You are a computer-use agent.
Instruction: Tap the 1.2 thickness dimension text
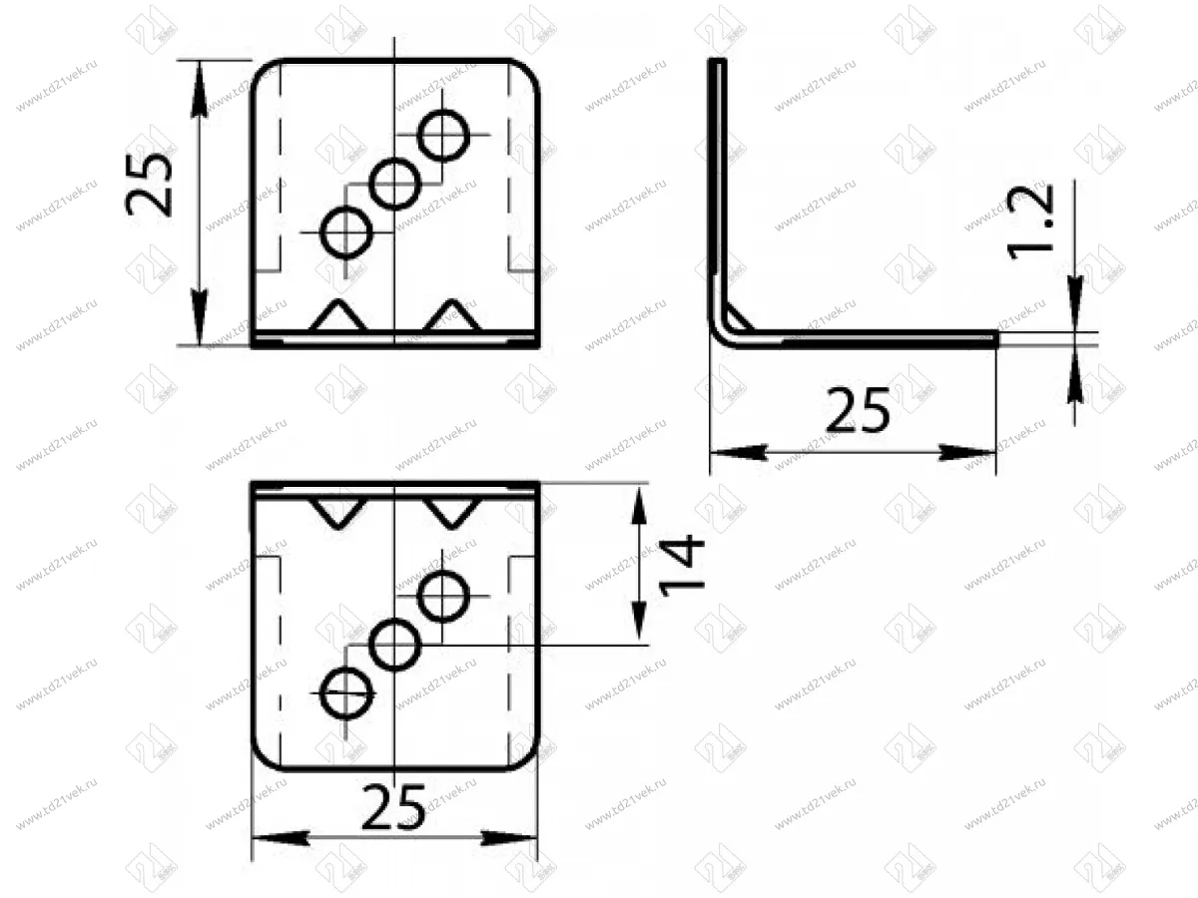point(1029,222)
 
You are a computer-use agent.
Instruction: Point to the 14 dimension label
point(682,566)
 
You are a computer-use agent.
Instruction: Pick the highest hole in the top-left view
point(443,135)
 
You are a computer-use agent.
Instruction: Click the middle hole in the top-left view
point(395,184)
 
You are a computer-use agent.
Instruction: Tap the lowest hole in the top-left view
point(346,232)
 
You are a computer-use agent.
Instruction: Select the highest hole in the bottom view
point(443,597)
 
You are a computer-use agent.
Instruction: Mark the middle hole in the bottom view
point(395,646)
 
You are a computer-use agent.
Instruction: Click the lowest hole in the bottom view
point(346,693)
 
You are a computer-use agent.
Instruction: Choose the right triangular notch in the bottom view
point(452,512)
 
